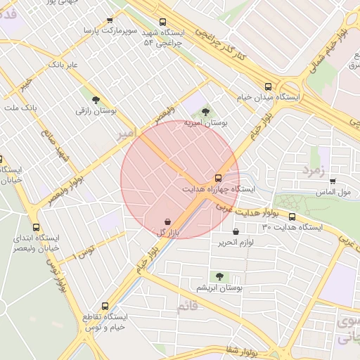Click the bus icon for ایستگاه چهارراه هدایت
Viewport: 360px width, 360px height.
(x=217, y=178)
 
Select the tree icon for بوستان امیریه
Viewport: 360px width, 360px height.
(x=205, y=111)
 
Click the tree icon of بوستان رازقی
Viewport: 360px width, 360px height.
(x=96, y=99)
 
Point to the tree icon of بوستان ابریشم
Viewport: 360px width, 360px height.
(x=219, y=276)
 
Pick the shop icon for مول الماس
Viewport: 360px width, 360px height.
(x=333, y=181)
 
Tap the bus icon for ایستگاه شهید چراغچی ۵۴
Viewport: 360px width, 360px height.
(x=163, y=22)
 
